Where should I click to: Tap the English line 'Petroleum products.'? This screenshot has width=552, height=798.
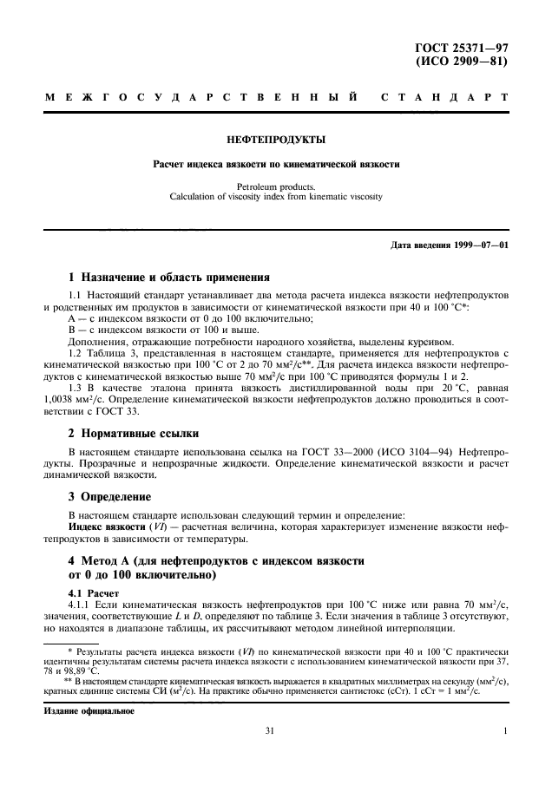point(276,186)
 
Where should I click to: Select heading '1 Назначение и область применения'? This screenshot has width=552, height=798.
point(169,278)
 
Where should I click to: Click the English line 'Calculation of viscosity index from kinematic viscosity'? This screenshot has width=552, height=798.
point(276,196)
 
